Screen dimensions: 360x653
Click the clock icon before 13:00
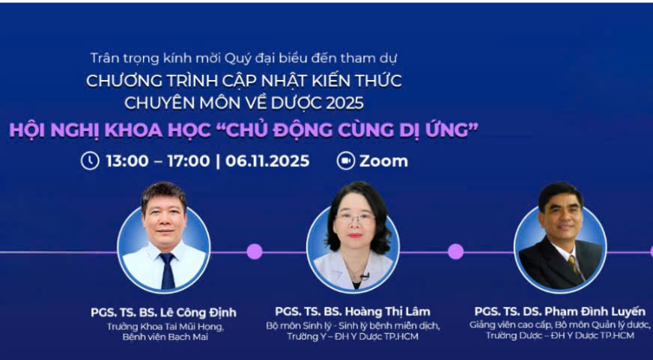pos(90,160)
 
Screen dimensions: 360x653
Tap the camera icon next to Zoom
pos(345,161)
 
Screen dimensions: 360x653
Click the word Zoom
pos(383,161)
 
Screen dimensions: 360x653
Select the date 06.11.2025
pos(267,161)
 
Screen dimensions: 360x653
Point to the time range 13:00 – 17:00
pos(157,161)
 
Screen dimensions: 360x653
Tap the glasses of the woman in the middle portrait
pos(354,217)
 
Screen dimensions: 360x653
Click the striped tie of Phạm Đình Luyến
pos(574,265)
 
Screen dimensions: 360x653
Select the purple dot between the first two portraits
pos(255,251)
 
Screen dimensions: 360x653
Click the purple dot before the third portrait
pos(455,251)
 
